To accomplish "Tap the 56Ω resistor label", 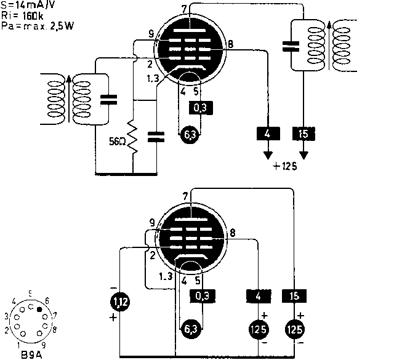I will [x=116, y=140].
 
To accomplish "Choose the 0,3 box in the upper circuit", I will [x=201, y=108].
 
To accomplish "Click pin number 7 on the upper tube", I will [x=185, y=7].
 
